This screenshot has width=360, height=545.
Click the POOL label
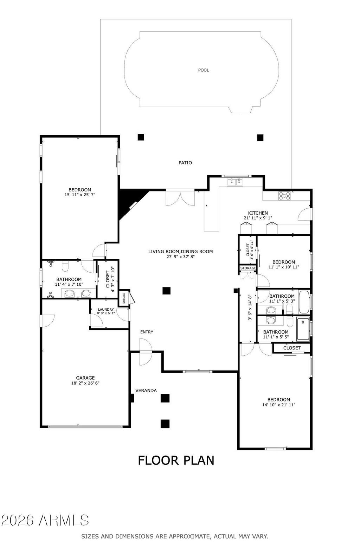(x=204, y=70)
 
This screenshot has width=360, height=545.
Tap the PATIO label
(x=185, y=163)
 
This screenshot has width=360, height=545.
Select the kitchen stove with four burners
(x=284, y=196)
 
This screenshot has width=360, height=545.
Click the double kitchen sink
(x=235, y=182)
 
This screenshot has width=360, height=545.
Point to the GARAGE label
(x=85, y=378)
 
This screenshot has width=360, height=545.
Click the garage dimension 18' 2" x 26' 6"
(x=85, y=383)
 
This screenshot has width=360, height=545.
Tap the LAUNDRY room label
(x=106, y=310)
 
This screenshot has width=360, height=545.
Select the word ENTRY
(x=147, y=332)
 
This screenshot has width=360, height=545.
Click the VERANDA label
(x=146, y=391)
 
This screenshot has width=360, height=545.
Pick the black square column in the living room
(x=167, y=291)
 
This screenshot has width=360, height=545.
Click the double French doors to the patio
(x=180, y=198)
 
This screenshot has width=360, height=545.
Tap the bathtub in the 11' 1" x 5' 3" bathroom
(x=304, y=302)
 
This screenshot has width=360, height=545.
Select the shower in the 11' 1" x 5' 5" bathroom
(x=303, y=329)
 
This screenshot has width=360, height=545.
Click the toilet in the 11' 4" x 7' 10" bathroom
(x=65, y=266)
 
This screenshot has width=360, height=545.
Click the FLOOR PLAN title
(x=176, y=460)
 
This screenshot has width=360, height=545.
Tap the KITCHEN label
(x=258, y=213)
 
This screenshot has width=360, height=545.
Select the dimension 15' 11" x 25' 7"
(x=80, y=195)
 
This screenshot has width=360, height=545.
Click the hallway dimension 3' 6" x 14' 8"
(x=250, y=308)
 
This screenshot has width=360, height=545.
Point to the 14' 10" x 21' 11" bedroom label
(x=279, y=399)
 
